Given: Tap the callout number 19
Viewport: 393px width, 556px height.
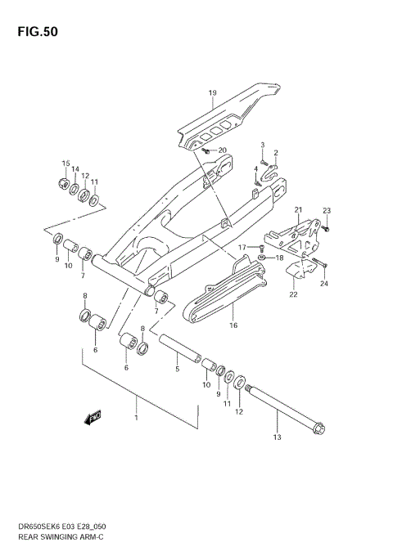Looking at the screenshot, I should (212, 93).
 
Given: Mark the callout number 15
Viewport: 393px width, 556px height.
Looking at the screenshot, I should (65, 164).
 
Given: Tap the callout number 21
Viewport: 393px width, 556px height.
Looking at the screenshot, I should (299, 210).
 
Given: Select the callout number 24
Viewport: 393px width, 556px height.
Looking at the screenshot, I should (324, 284).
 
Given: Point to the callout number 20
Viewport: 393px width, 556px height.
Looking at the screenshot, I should (222, 150).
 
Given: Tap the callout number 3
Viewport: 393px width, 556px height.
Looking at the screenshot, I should (263, 145).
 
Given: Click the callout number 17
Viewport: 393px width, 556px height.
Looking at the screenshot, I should (242, 247).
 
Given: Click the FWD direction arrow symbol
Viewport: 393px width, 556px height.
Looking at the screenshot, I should (90, 417).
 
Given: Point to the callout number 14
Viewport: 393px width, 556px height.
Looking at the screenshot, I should (75, 170).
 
